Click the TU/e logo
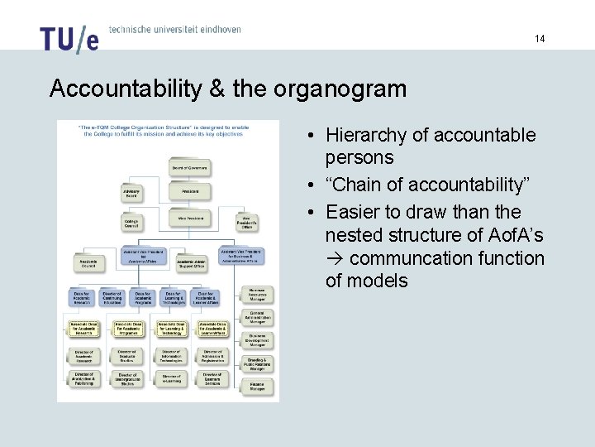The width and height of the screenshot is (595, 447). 69,38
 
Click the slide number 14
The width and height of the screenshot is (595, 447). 540,39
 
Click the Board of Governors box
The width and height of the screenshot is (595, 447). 189,167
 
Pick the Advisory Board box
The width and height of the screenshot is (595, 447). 131,193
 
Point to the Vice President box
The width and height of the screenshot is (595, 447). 189,219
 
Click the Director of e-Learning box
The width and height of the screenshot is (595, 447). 171,378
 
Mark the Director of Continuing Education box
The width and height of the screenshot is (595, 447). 112,297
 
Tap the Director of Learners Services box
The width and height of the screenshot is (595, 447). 212,378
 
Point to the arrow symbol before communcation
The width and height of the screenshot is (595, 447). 335,259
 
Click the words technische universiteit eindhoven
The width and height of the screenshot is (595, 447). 174,29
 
